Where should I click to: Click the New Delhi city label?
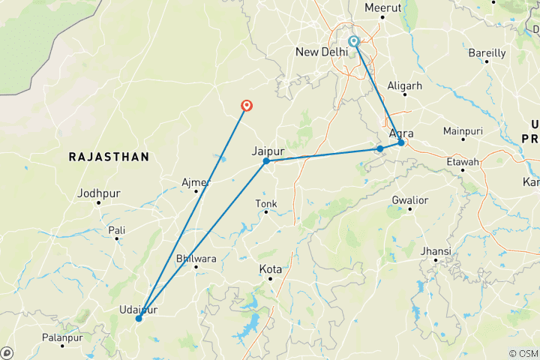tap(322, 52)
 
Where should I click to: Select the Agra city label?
tap(401, 133)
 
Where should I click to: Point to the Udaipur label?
tap(137, 309)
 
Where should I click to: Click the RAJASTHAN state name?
tap(109, 157)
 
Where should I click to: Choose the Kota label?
tap(270, 269)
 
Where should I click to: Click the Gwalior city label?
tap(409, 200)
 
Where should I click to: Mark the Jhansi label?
tap(436, 250)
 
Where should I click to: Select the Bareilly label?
tap(487, 53)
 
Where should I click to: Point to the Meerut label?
tap(383, 7)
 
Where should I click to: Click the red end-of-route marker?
tap(245, 106)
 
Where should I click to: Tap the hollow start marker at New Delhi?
tap(354, 42)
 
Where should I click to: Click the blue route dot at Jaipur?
tap(266, 161)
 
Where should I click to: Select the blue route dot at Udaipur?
tap(138, 319)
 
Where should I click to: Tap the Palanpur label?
tap(62, 338)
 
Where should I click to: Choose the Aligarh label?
tap(404, 86)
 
